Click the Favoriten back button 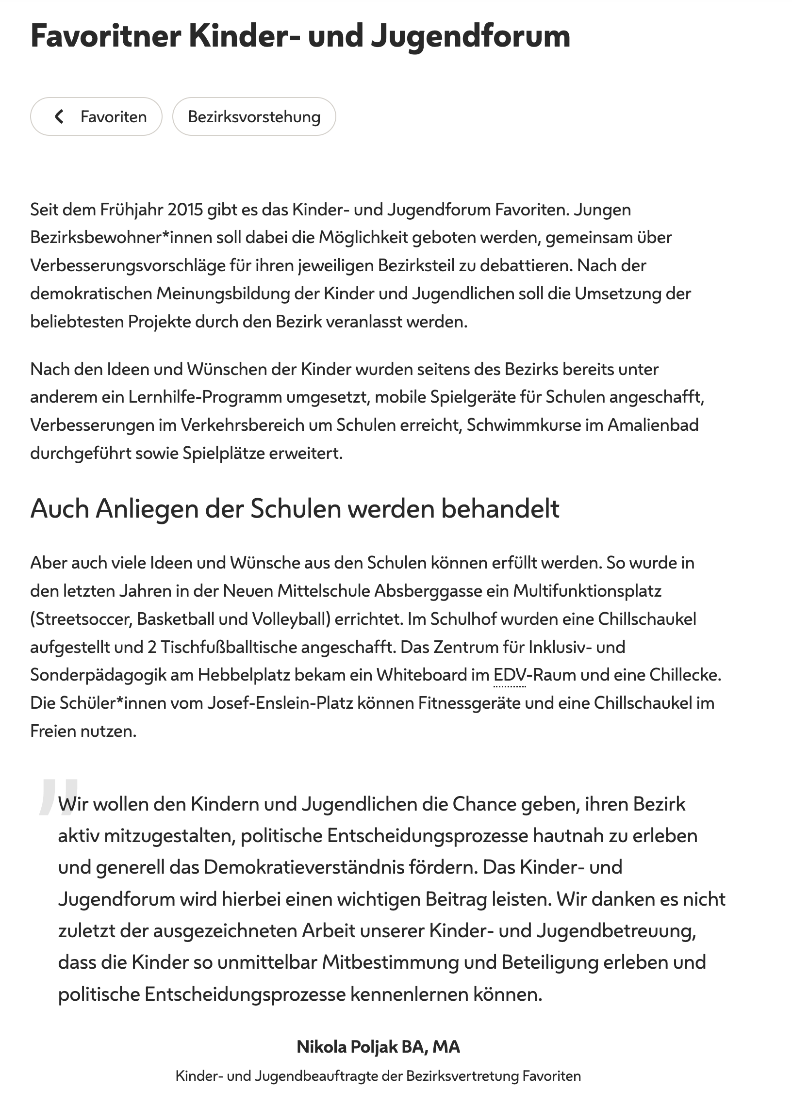[x=96, y=116]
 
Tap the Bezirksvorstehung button [x=254, y=116]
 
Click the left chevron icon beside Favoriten [x=59, y=116]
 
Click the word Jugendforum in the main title [x=470, y=36]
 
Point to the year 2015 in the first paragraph [x=185, y=210]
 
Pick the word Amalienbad [x=653, y=425]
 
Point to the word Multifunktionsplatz [x=587, y=591]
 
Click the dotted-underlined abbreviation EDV [x=509, y=675]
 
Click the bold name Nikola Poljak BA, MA [x=378, y=1046]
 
